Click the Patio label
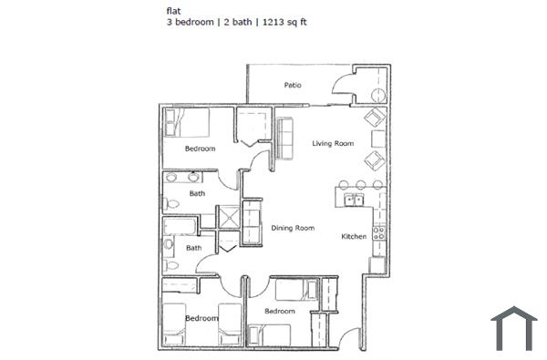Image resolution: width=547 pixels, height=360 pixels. tap(293, 86)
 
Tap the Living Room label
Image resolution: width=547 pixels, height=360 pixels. tap(333, 143)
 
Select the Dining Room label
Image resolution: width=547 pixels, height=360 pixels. tap(293, 228)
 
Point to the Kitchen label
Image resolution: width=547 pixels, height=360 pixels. tap(354, 237)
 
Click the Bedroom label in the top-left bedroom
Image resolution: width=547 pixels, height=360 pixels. tap(200, 149)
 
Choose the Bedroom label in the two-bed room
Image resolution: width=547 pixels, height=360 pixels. tap(201, 318)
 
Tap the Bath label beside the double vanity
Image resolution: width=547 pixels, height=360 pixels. tap(197, 193)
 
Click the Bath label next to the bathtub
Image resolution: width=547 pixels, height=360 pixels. tap(194, 248)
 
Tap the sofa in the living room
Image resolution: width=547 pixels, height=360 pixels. tap(284, 136)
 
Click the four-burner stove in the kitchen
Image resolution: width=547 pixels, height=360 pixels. tap(379, 233)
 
